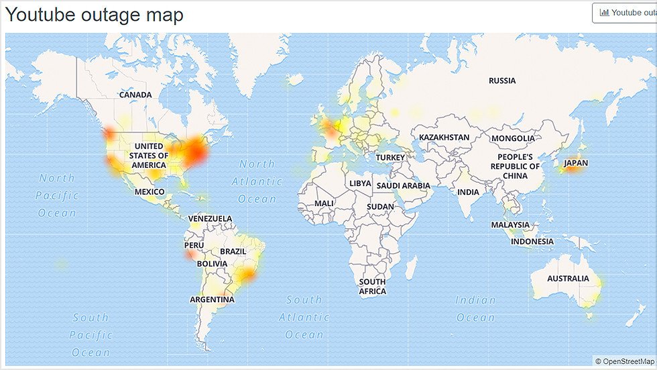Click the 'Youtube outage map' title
[x=94, y=15]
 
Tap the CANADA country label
[x=135, y=95]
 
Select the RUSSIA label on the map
[x=502, y=81]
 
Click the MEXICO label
[x=150, y=191]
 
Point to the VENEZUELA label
[x=210, y=219]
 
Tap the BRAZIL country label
[x=233, y=251]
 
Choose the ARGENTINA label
[x=212, y=299]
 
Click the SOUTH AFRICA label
[x=372, y=287]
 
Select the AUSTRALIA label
[x=568, y=278]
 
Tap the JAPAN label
[x=576, y=163]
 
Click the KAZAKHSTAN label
[x=444, y=138]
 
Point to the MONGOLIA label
[x=513, y=138]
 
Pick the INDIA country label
[x=468, y=192]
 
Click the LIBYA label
[x=359, y=183]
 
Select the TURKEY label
[x=390, y=157]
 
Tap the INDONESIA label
[x=532, y=241]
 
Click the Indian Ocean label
[x=475, y=308]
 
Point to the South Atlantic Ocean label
[x=304, y=317]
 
